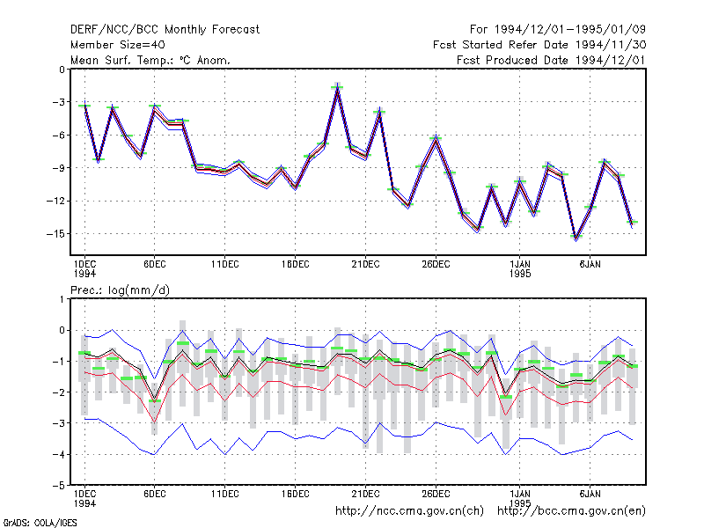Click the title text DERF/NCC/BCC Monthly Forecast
tap(165, 30)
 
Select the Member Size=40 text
tap(118, 45)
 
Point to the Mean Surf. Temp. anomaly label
tap(150, 60)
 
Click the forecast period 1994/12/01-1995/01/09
tap(558, 30)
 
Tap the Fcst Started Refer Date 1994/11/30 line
tap(539, 45)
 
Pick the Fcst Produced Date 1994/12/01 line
tap(551, 60)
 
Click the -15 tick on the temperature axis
tap(55, 234)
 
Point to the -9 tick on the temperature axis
tap(59, 168)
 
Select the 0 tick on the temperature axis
tap(62, 70)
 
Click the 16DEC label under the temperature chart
tap(296, 265)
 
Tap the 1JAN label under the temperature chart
tap(520, 265)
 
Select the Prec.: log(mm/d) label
tap(120, 290)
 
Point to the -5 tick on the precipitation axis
tap(59, 486)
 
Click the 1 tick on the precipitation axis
tap(62, 299)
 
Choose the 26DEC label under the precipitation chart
tap(436, 494)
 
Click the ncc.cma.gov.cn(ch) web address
tap(409, 511)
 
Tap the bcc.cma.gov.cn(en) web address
tap(571, 511)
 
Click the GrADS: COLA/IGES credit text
tap(40, 523)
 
